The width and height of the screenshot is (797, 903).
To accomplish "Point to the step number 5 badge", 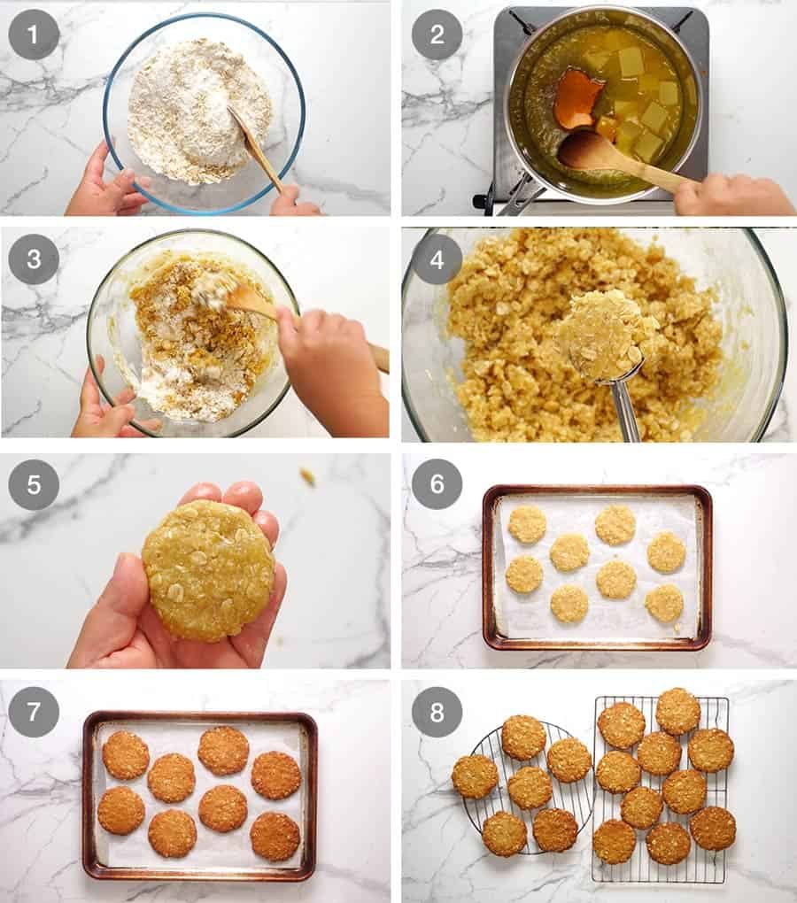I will pyautogui.click(x=34, y=484).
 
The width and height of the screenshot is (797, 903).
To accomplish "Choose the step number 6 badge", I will pyautogui.click(x=437, y=484).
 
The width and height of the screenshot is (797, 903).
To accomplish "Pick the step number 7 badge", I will pyautogui.click(x=34, y=711).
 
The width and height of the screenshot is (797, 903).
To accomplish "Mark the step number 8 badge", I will pyautogui.click(x=437, y=711).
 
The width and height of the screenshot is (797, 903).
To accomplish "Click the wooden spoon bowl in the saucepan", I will pyautogui.click(x=588, y=150).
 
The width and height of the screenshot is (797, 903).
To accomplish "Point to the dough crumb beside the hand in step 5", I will pyautogui.click(x=307, y=477).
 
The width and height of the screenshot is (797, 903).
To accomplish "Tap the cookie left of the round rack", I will pyautogui.click(x=475, y=776).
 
